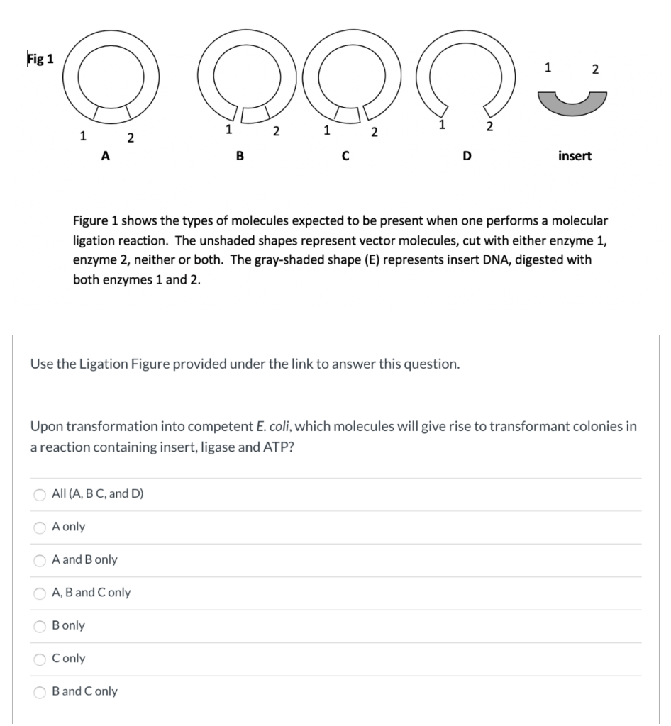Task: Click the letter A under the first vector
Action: coord(105,157)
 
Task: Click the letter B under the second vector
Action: coord(240,157)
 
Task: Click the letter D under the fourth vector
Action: coord(466,157)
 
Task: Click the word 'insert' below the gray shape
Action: coord(575,156)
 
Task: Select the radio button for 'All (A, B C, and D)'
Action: coord(40,494)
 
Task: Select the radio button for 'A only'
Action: coord(40,527)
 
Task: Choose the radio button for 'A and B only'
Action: coord(40,560)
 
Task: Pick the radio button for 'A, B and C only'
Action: coord(40,593)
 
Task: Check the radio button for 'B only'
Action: coord(40,625)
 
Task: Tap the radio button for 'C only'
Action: coord(40,659)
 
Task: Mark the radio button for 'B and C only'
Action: coord(40,691)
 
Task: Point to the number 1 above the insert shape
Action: coord(547,68)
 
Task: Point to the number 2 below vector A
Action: coord(130,138)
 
